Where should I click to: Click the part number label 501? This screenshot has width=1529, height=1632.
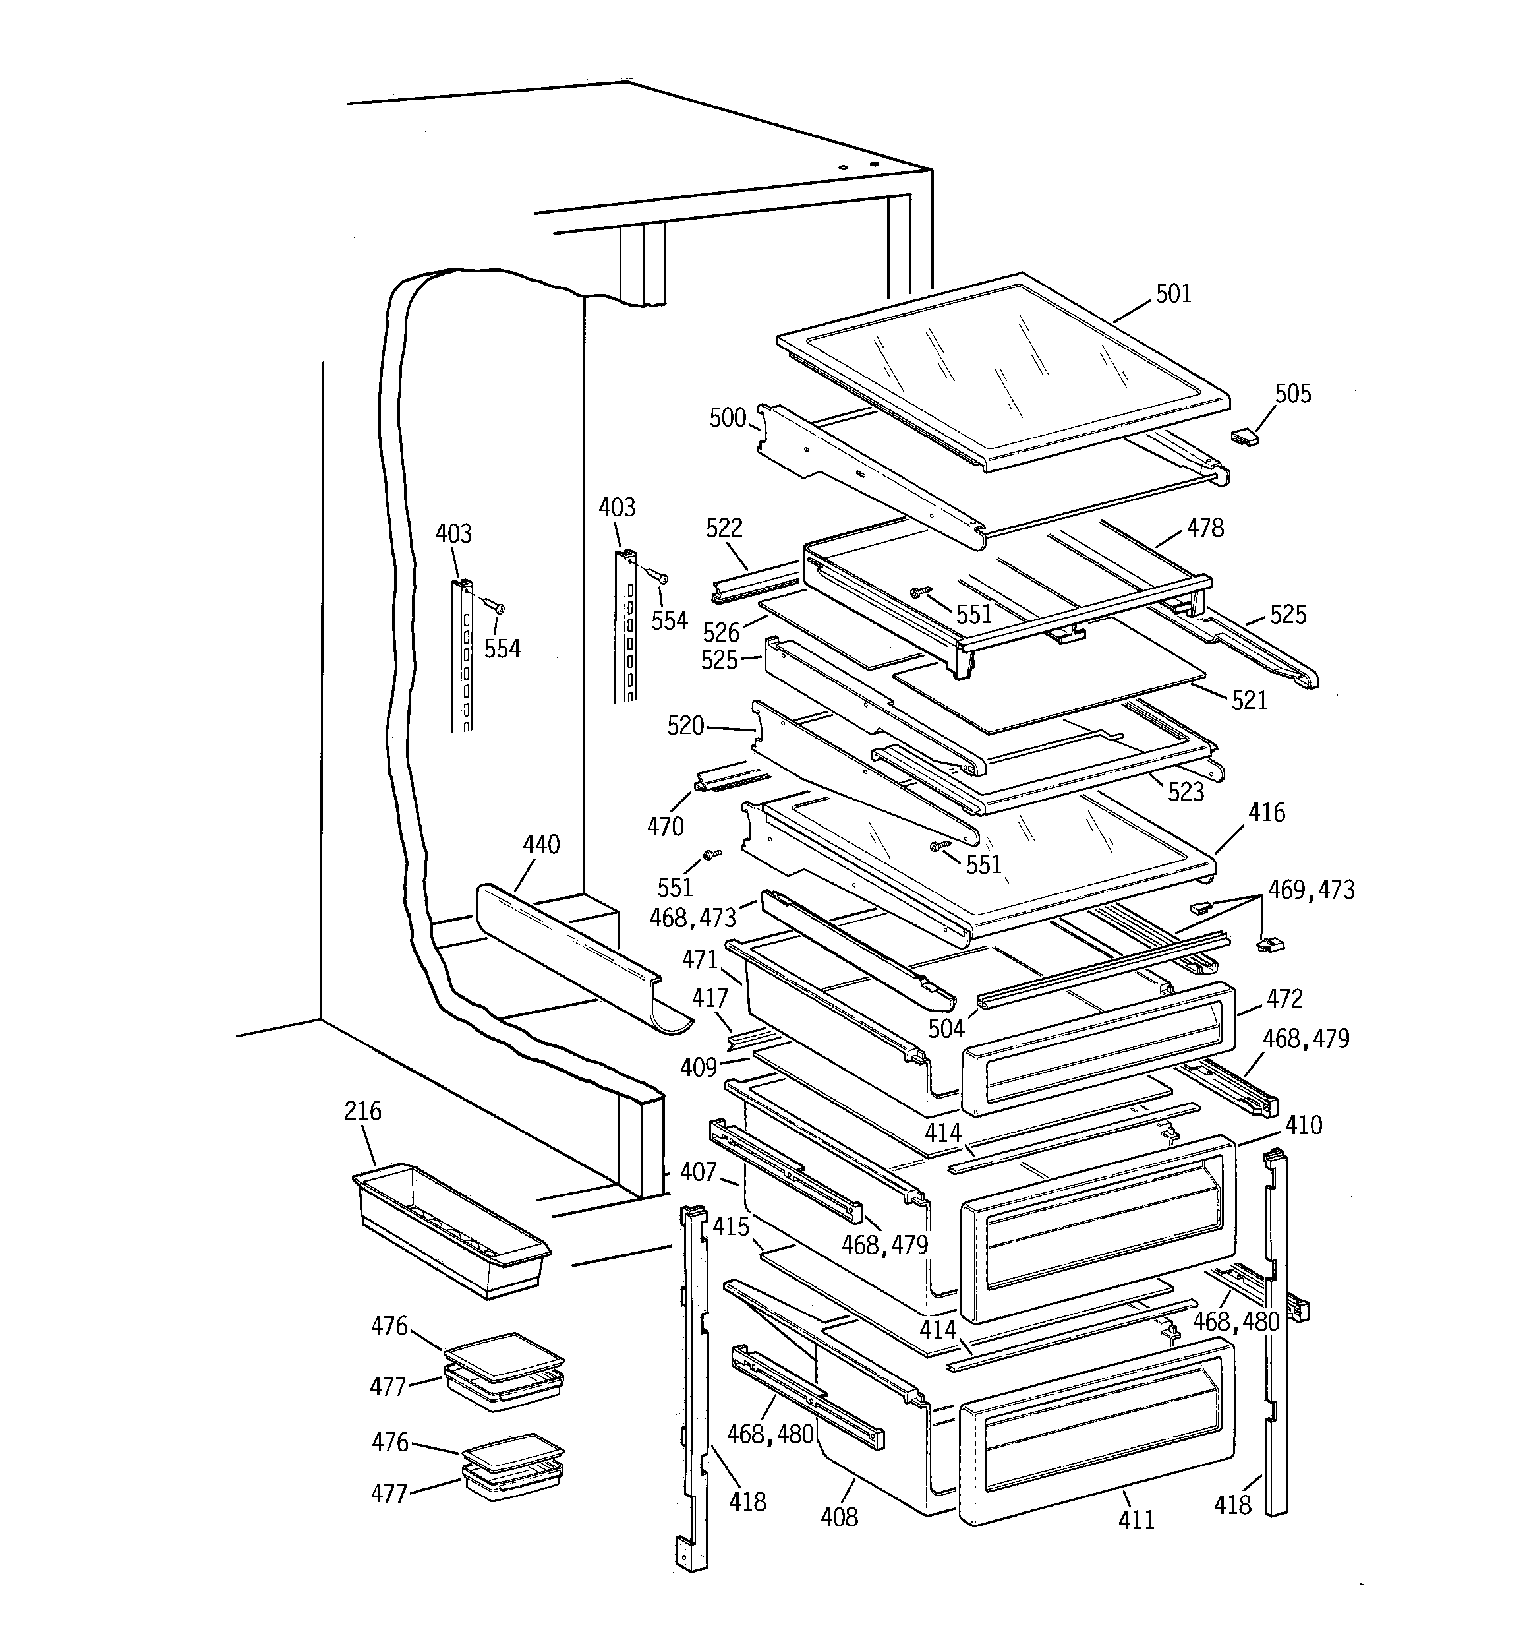tap(1173, 294)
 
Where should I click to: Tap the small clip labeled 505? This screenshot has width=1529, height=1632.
tap(1244, 437)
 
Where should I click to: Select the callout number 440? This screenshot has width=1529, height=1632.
tap(541, 845)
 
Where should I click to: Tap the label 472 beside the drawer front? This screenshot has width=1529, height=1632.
tap(1284, 999)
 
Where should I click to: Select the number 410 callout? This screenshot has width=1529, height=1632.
tap(1304, 1125)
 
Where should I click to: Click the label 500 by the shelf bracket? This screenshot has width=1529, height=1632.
tap(727, 418)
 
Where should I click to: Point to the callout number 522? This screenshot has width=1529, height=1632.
tap(724, 528)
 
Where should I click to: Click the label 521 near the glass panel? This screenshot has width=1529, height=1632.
tap(1249, 700)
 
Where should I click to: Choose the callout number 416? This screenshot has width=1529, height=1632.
tap(1267, 813)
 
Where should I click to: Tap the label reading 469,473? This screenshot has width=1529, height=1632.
tap(1311, 890)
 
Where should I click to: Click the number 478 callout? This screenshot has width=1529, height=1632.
tap(1205, 528)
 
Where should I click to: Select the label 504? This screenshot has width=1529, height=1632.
tap(946, 1029)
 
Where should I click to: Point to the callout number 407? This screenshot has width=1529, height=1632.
tap(698, 1172)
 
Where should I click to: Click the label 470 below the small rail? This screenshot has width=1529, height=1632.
tap(665, 827)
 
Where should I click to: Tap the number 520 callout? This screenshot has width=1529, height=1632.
tap(685, 726)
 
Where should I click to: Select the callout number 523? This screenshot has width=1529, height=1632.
tap(1185, 792)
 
